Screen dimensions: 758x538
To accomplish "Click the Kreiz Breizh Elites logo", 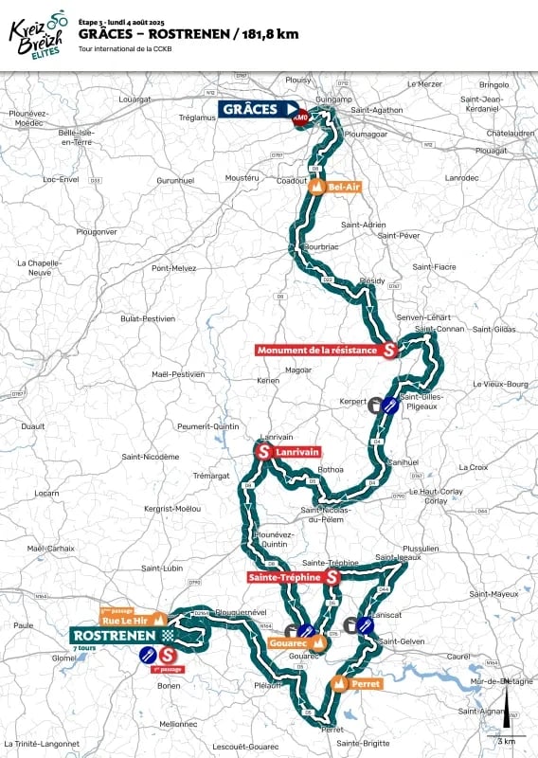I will coord(38,35).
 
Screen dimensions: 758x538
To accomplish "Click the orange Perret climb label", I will coord(365,683).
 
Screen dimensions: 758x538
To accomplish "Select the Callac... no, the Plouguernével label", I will coord(242,612).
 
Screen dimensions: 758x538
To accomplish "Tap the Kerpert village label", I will coord(351,403).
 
